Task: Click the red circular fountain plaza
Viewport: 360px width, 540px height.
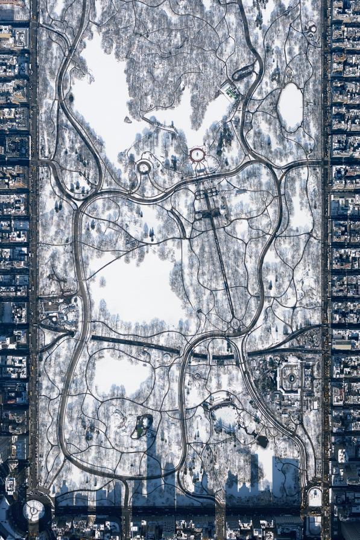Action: pyautogui.click(x=197, y=155)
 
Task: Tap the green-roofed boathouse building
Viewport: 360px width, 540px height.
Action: pyautogui.click(x=230, y=92)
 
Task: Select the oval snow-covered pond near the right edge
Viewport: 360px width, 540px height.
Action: pyautogui.click(x=291, y=106)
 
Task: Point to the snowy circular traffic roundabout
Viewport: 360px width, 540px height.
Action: pyautogui.click(x=34, y=510)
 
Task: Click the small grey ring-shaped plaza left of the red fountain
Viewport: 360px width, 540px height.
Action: pyautogui.click(x=144, y=167)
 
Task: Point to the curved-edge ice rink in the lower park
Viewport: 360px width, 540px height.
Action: pyautogui.click(x=226, y=417)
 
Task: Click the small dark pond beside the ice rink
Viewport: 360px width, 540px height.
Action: pyautogui.click(x=262, y=441)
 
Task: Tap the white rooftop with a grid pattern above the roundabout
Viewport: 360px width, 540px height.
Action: pyautogui.click(x=10, y=484)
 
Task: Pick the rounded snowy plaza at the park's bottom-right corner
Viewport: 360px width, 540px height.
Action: pyautogui.click(x=315, y=497)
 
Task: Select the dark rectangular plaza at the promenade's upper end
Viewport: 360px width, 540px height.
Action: pyautogui.click(x=207, y=212)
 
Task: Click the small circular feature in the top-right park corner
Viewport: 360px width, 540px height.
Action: pyautogui.click(x=311, y=28)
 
